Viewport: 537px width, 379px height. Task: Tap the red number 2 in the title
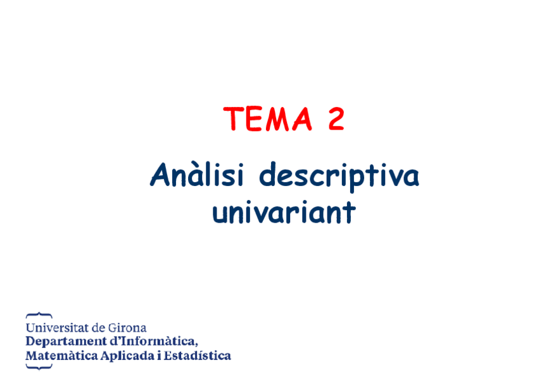(336, 119)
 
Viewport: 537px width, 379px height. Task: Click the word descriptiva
(339, 177)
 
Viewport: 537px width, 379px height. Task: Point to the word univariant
(283, 213)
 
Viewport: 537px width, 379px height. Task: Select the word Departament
(62, 342)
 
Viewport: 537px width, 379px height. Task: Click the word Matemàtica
(61, 356)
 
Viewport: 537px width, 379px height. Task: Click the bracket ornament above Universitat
(39, 314)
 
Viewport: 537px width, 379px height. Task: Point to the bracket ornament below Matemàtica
(39, 367)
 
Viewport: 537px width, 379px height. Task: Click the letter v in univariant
(261, 213)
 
